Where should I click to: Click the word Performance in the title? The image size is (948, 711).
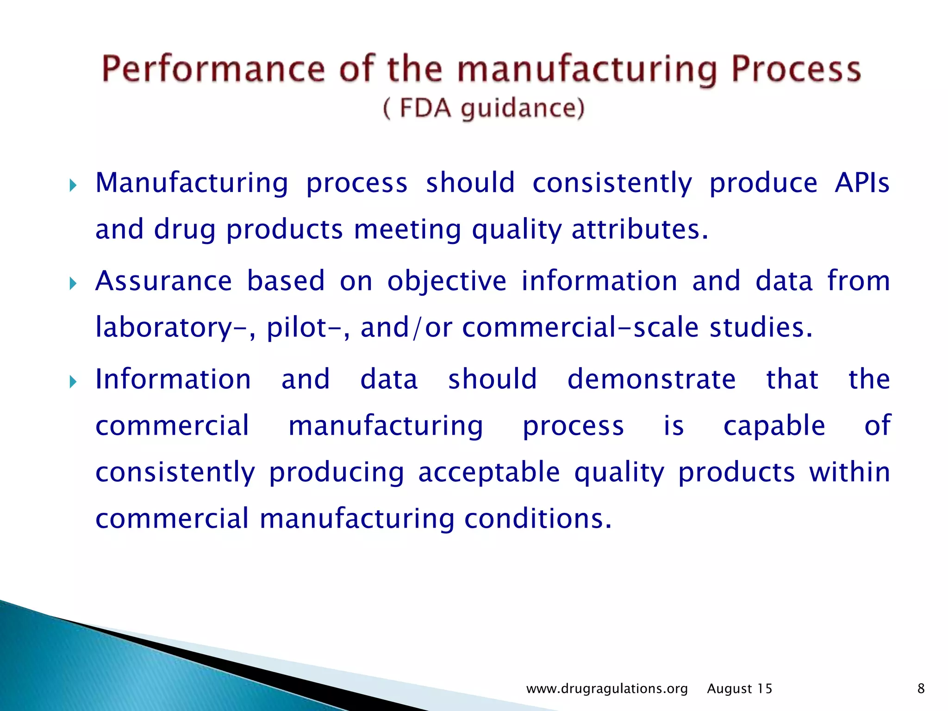pos(213,69)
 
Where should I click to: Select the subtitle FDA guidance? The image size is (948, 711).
pos(484,109)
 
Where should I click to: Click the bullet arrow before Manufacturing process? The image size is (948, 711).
pos(73,186)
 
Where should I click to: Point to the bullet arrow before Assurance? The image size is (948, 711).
pos(73,284)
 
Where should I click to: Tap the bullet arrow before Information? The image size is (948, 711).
pos(73,382)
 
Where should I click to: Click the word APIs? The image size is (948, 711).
pos(862,182)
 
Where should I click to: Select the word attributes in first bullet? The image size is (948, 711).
pos(640,230)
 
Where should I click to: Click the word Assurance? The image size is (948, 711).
pos(163,281)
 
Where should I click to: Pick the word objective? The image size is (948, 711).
pos(447,281)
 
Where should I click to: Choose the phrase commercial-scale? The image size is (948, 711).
pos(580,328)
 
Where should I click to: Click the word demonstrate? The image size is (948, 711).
pos(651,379)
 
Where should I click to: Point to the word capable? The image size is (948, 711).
pos(774,426)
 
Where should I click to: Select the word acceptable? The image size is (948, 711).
pos(489,473)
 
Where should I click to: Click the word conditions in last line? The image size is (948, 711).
pos(538,519)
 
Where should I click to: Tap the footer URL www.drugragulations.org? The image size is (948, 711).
pos(607,689)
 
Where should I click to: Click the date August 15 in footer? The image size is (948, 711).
pos(739,689)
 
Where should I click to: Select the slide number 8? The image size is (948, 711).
pos(921,689)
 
